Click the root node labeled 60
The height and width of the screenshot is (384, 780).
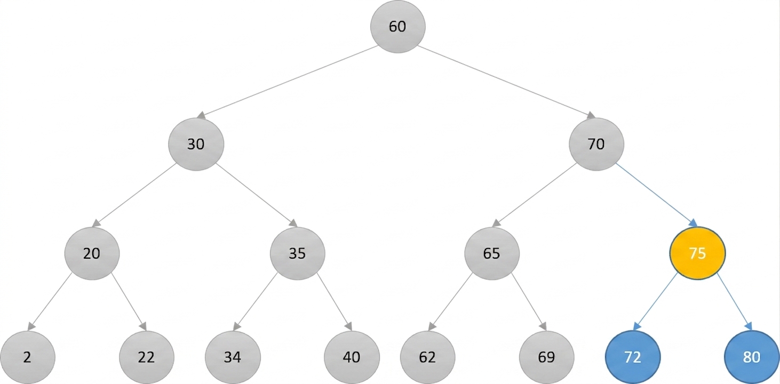point(397,27)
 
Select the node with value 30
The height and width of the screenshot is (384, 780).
point(196,144)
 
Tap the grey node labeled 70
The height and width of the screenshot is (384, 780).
point(596,144)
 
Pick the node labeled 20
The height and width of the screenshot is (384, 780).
point(92,253)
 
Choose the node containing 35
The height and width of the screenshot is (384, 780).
point(298,253)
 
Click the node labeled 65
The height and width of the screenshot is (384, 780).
point(492,253)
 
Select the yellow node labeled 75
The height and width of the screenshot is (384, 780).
point(697,253)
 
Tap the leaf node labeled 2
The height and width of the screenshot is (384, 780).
point(28,357)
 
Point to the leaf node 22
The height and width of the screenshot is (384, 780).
point(147,357)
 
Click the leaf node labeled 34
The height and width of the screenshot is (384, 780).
point(233,357)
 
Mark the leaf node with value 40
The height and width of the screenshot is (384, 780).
point(352,357)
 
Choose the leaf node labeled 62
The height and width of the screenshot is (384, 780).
point(427,357)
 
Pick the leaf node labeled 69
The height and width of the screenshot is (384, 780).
point(547,357)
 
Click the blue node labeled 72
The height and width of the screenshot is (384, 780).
point(633,357)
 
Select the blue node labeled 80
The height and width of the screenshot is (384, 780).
point(752,357)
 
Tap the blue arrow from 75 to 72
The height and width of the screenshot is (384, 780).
point(655,301)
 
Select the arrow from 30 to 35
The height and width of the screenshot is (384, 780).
point(257,195)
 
